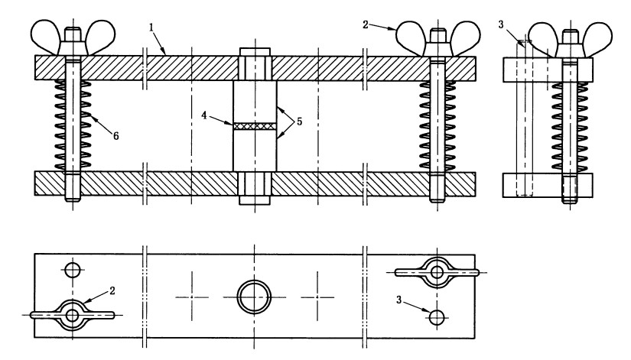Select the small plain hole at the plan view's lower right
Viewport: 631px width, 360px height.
(x=437, y=316)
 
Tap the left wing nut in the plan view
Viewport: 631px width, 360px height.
(x=72, y=314)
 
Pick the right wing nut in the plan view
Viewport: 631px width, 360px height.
(x=437, y=271)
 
